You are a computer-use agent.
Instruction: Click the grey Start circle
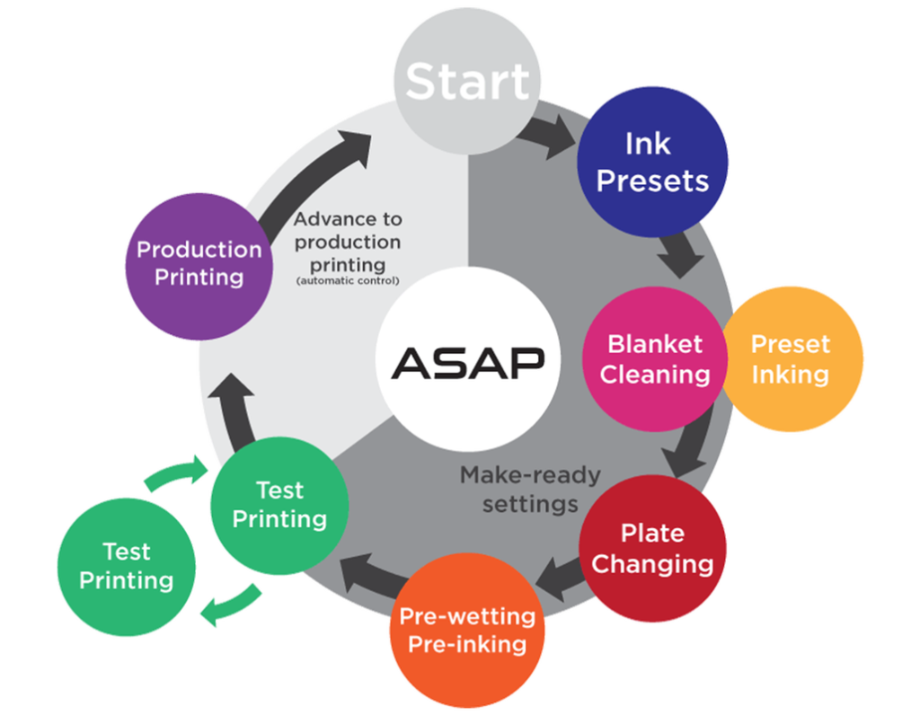(x=467, y=81)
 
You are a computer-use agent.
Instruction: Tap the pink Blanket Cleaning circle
(x=655, y=358)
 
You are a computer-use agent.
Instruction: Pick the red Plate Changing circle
(x=653, y=549)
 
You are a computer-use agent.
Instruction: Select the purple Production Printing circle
(x=199, y=262)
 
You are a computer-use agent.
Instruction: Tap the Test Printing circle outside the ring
(x=127, y=566)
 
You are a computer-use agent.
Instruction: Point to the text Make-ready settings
(x=529, y=489)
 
